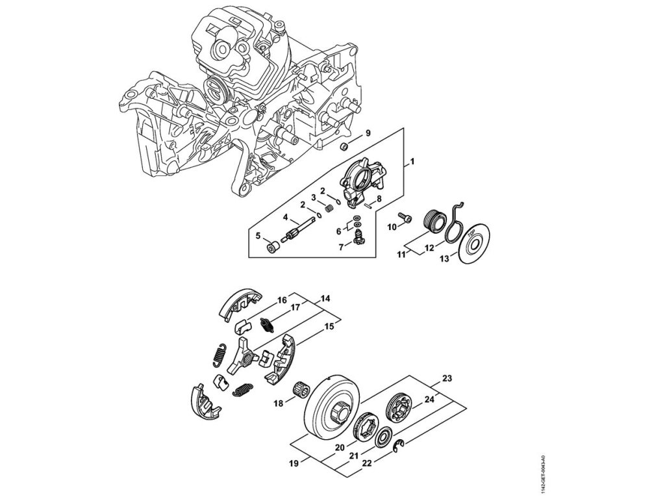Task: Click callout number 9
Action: (368, 133)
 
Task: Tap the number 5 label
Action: (258, 235)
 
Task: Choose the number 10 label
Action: (392, 227)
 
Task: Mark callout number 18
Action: (278, 403)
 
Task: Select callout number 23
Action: (447, 378)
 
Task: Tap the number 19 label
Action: (293, 463)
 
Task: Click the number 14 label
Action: (325, 299)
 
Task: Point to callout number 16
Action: (282, 300)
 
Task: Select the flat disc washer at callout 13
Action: (475, 245)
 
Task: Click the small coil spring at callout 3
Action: (329, 208)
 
